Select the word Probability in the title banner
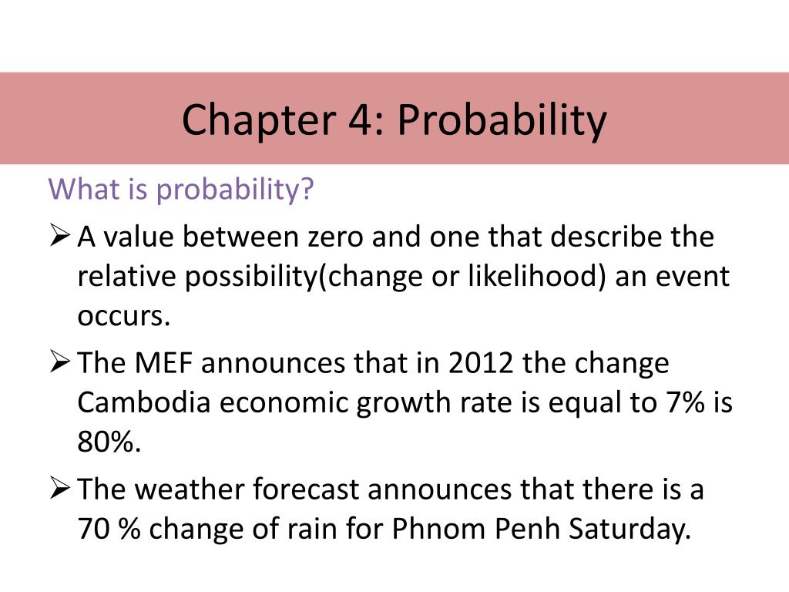(x=502, y=120)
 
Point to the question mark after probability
(x=308, y=189)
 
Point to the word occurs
(x=123, y=317)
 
